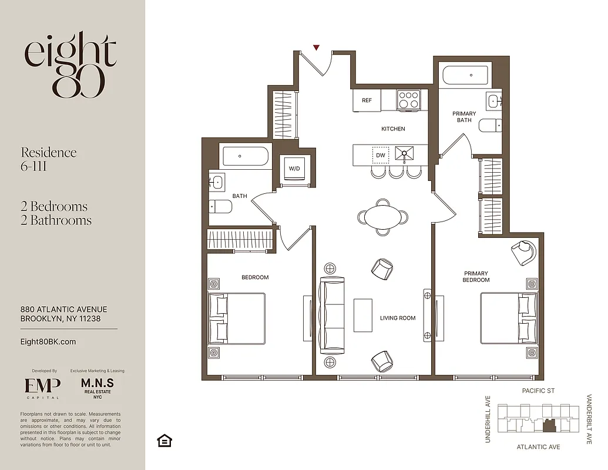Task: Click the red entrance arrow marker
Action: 316,48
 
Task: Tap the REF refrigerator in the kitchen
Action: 367,100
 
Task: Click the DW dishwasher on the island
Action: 381,155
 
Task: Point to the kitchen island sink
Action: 405,155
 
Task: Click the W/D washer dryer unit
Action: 293,169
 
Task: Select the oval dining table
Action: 382,217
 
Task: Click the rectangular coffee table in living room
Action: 362,315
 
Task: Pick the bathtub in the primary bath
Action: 465,76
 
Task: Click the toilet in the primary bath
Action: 490,125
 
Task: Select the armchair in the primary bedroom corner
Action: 524,253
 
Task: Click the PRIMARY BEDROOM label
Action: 476,277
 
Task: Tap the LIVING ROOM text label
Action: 398,318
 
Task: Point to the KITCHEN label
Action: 393,129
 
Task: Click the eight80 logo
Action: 71,65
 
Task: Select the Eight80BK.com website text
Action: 48,342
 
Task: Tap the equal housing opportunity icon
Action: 164,441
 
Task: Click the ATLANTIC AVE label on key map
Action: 538,447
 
